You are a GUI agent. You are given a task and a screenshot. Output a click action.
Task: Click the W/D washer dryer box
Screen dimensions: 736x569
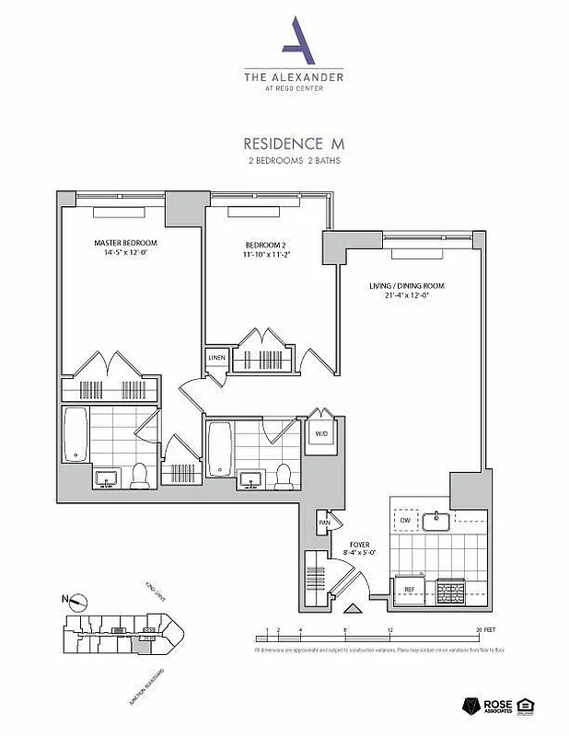[320, 431]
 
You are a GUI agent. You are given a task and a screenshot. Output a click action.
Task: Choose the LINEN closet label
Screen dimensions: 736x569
[216, 357]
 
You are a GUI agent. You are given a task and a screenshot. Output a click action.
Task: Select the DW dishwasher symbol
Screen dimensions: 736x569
[405, 521]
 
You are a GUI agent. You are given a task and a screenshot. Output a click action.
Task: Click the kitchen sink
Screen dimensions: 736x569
[435, 521]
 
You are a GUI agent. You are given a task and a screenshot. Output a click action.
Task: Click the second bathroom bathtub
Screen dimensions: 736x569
[219, 449]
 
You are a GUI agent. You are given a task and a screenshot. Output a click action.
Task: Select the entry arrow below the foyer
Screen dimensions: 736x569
[352, 608]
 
